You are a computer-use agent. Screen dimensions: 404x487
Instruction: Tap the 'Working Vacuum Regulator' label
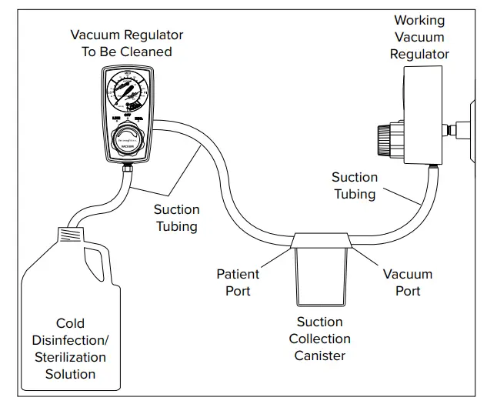point(419,37)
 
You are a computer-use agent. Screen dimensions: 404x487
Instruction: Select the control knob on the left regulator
point(128,142)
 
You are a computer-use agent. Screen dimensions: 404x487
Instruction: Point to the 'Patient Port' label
point(238,282)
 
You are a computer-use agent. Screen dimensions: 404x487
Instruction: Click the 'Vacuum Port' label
point(408,282)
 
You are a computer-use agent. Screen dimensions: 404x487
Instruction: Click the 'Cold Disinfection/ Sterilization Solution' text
point(70,349)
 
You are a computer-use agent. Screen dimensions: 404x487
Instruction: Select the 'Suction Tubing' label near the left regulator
point(176,218)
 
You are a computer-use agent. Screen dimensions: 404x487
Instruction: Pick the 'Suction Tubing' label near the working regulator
point(355,185)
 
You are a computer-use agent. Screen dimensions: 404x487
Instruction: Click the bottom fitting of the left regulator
point(128,166)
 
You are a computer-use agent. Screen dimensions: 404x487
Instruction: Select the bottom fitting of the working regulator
point(432,165)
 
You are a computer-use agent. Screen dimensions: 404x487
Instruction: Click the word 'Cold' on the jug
point(70,323)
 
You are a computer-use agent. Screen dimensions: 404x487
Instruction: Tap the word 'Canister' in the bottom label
point(322,356)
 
